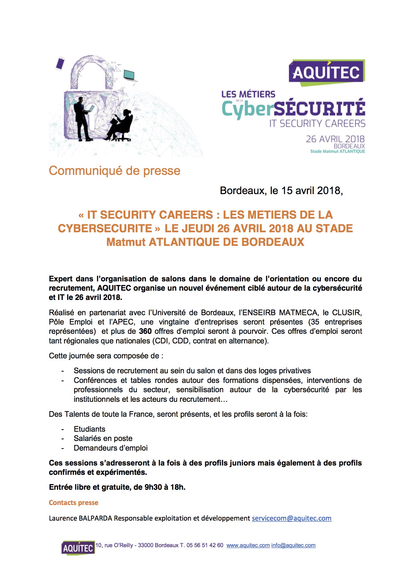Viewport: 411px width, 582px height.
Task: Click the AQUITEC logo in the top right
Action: click(x=326, y=72)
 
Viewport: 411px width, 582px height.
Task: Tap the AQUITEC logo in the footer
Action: click(x=78, y=547)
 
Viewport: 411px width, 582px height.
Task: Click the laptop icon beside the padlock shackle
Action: click(x=130, y=75)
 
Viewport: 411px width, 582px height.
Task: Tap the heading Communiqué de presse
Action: click(x=115, y=171)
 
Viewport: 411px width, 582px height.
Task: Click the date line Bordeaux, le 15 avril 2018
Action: click(x=281, y=190)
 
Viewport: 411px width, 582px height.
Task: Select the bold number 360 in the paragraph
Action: click(x=145, y=331)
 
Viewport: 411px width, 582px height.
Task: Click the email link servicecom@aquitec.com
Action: click(x=291, y=518)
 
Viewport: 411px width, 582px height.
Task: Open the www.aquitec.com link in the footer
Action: click(x=248, y=545)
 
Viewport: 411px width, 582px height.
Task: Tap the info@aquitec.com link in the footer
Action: click(x=293, y=545)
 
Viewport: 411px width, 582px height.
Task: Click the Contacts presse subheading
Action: click(x=74, y=503)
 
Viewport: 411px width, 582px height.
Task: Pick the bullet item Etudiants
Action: click(x=89, y=429)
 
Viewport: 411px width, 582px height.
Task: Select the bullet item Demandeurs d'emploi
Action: click(x=111, y=448)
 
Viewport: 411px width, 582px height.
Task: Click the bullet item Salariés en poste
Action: click(x=103, y=438)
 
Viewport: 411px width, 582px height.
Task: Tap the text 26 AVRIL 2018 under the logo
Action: click(x=335, y=139)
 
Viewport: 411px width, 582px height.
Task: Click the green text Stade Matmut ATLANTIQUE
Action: click(x=337, y=151)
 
